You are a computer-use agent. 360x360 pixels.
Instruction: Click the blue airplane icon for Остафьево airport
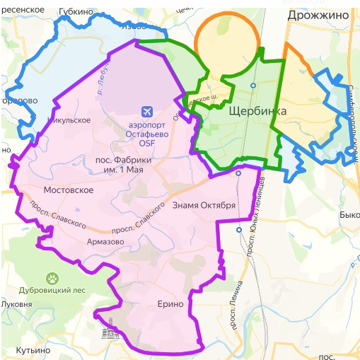[x=146, y=111]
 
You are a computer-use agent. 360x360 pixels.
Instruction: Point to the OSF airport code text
[x=146, y=143]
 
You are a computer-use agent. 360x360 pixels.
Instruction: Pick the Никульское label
[x=68, y=120]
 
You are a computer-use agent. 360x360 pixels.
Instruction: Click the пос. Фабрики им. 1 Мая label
[x=124, y=166]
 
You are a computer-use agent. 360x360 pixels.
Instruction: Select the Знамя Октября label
[x=203, y=206]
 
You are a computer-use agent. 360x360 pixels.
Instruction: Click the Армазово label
[x=105, y=242]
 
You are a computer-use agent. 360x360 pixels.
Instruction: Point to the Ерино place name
[x=171, y=304]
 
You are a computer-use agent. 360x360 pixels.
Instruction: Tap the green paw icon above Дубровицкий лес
[x=52, y=277]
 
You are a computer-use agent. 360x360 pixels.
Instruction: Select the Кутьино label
[x=34, y=349]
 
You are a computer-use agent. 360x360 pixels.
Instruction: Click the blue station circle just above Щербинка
[x=252, y=86]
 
